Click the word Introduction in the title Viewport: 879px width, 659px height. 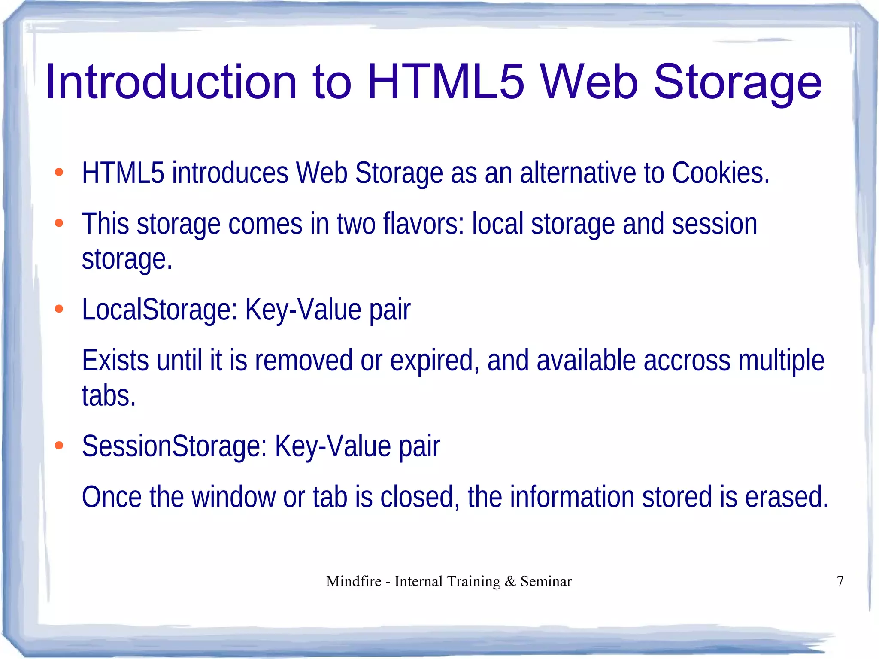pyautogui.click(x=171, y=82)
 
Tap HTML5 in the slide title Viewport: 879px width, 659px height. pyautogui.click(x=446, y=82)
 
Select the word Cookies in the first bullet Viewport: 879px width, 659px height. pyautogui.click(x=720, y=173)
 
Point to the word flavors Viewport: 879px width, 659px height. pyautogui.click(x=423, y=224)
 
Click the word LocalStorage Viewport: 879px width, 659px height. pyautogui.click(x=159, y=309)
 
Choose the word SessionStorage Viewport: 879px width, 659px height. pyautogui.click(x=174, y=446)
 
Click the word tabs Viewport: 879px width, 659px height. pyautogui.click(x=109, y=395)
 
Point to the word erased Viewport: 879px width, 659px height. pyautogui.click(x=786, y=497)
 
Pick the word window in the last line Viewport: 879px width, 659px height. pyautogui.click(x=233, y=497)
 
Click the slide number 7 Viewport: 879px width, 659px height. pyautogui.click(x=840, y=581)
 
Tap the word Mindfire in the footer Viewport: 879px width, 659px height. pyautogui.click(x=354, y=581)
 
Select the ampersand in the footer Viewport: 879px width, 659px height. pyautogui.click(x=510, y=581)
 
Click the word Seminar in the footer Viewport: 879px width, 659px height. pyautogui.click(x=546, y=581)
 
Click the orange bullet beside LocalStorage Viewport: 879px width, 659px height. pyautogui.click(x=59, y=309)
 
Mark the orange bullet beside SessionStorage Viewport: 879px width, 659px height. pyautogui.click(x=59, y=446)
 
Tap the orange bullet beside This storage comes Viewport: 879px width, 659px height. pyautogui.click(x=59, y=223)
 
